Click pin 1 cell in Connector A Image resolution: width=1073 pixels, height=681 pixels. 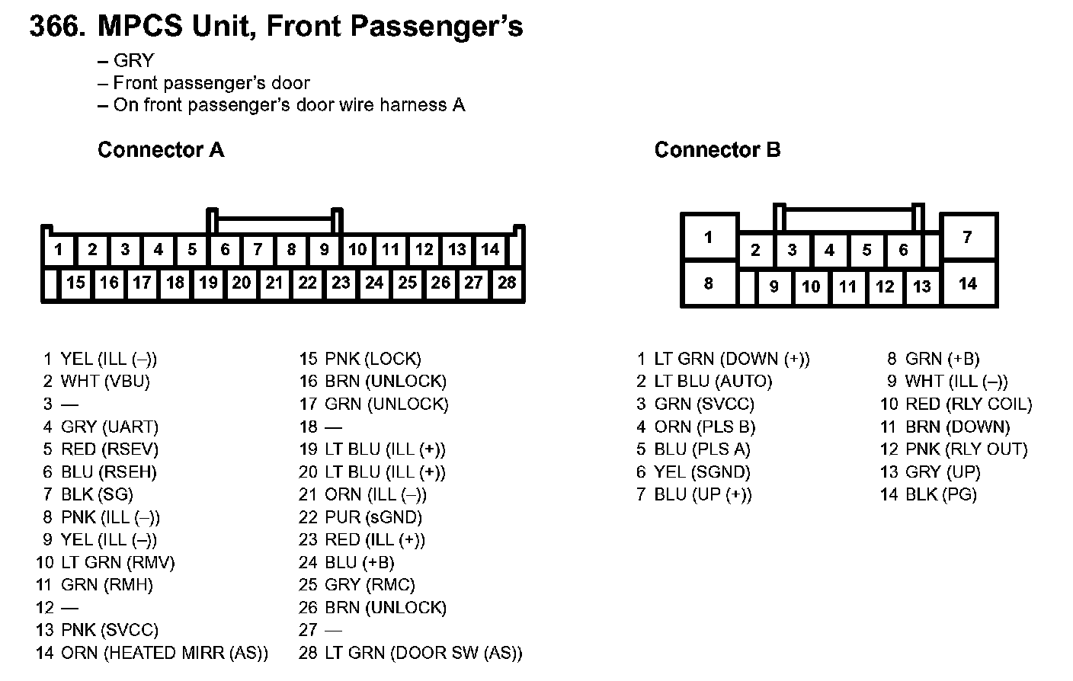tap(59, 250)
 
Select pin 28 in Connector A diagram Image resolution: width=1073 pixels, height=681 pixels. tap(507, 283)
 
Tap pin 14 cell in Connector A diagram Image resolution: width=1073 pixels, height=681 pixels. tap(490, 250)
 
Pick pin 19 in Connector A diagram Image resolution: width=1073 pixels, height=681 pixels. tap(208, 283)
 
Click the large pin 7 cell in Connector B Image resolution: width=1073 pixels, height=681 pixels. tap(967, 237)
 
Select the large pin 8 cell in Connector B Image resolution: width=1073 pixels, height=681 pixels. tap(709, 283)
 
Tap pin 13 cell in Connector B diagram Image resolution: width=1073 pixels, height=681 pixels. tap(922, 286)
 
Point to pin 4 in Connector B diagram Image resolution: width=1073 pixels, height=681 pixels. tap(829, 250)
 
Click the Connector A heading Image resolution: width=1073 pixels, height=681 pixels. tap(161, 150)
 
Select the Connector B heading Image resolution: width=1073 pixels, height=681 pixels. tap(717, 150)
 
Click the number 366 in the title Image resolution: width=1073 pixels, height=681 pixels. tap(56, 27)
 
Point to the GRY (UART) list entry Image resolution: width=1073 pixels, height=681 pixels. tap(109, 427)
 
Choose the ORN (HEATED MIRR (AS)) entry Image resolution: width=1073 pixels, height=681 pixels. tap(164, 653)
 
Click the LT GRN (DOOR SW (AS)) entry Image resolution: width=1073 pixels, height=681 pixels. tap(423, 653)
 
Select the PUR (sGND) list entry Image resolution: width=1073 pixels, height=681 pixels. tap(373, 517)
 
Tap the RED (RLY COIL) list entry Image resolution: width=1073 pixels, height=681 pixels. tap(968, 404)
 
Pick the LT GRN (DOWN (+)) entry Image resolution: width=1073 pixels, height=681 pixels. tap(732, 359)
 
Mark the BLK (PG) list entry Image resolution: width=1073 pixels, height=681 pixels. tap(940, 494)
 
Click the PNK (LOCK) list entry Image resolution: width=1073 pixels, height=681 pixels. tap(372, 359)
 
